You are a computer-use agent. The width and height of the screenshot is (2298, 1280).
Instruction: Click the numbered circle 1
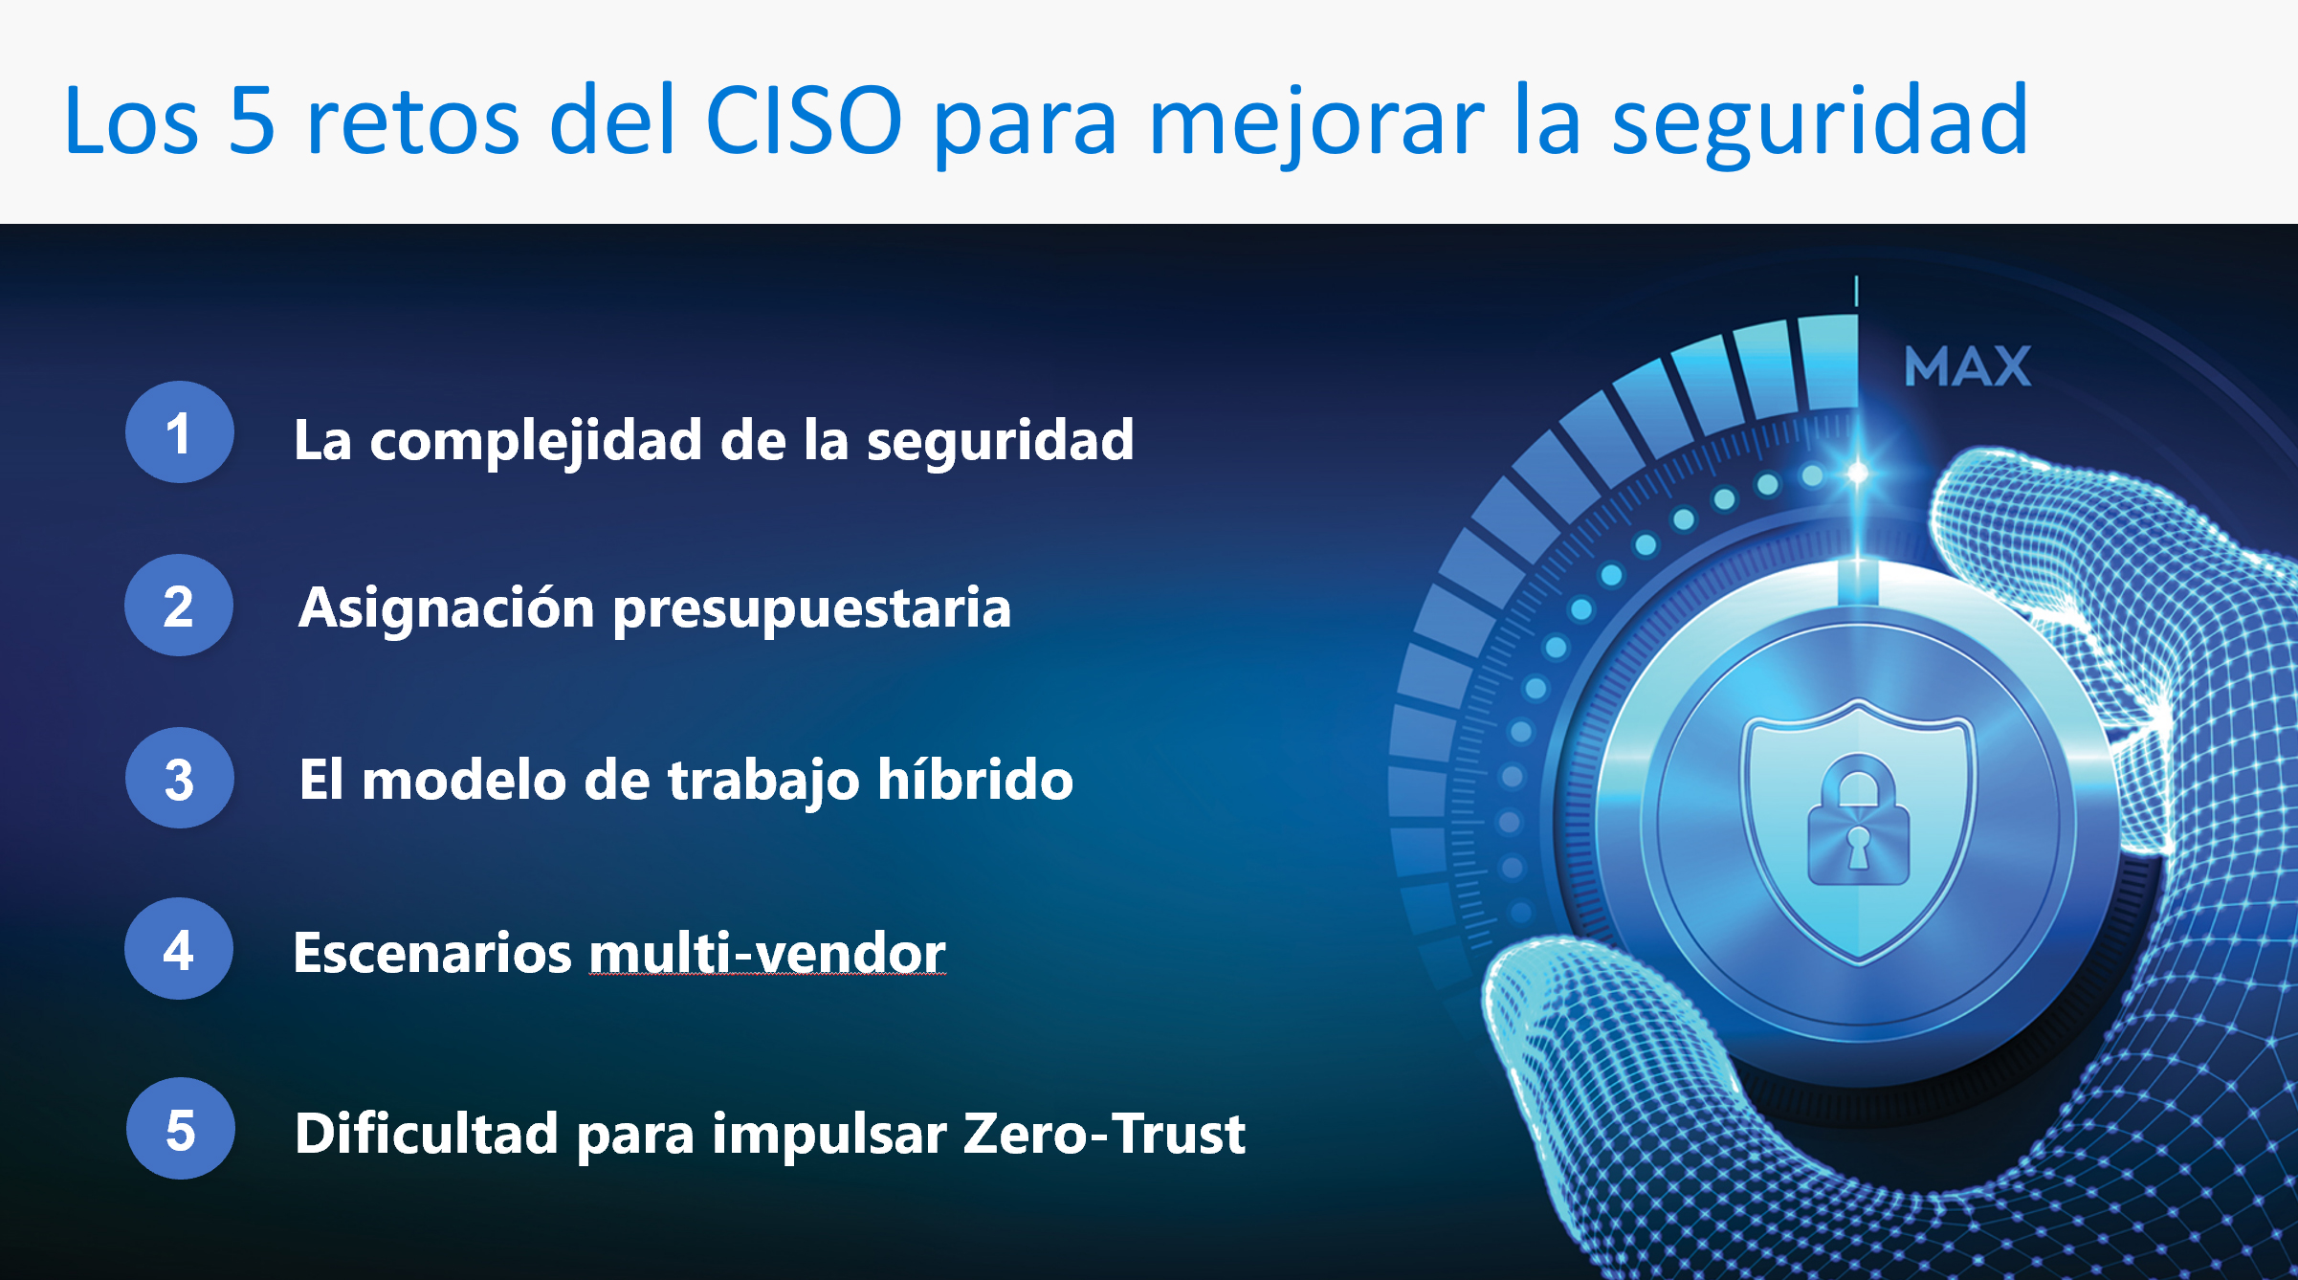click(179, 432)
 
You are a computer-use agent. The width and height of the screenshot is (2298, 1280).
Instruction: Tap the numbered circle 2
click(179, 606)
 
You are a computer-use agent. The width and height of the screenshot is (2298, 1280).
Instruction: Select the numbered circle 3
click(179, 778)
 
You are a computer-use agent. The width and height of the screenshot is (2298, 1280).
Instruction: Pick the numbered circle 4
click(179, 949)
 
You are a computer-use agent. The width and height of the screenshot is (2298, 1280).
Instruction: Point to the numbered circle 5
click(180, 1129)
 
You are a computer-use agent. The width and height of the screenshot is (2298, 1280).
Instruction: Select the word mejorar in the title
click(1316, 125)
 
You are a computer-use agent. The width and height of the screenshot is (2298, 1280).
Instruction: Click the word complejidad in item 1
click(536, 442)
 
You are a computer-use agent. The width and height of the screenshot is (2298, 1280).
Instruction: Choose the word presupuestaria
click(812, 611)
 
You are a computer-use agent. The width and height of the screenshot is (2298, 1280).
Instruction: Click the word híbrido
click(975, 779)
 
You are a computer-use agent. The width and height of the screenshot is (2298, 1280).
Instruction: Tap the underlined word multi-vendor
click(767, 953)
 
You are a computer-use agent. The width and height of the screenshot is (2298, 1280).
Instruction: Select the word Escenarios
click(432, 953)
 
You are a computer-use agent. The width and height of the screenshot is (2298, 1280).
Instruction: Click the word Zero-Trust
click(1104, 1134)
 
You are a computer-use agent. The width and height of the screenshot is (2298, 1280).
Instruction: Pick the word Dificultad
click(427, 1134)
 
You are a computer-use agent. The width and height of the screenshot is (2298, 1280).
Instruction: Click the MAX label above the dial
click(1967, 366)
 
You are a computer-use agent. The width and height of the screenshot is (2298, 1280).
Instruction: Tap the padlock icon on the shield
click(1858, 820)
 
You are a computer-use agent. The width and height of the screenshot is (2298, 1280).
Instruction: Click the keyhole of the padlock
click(1858, 847)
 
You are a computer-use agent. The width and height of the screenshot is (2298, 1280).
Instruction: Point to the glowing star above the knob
click(1857, 473)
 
